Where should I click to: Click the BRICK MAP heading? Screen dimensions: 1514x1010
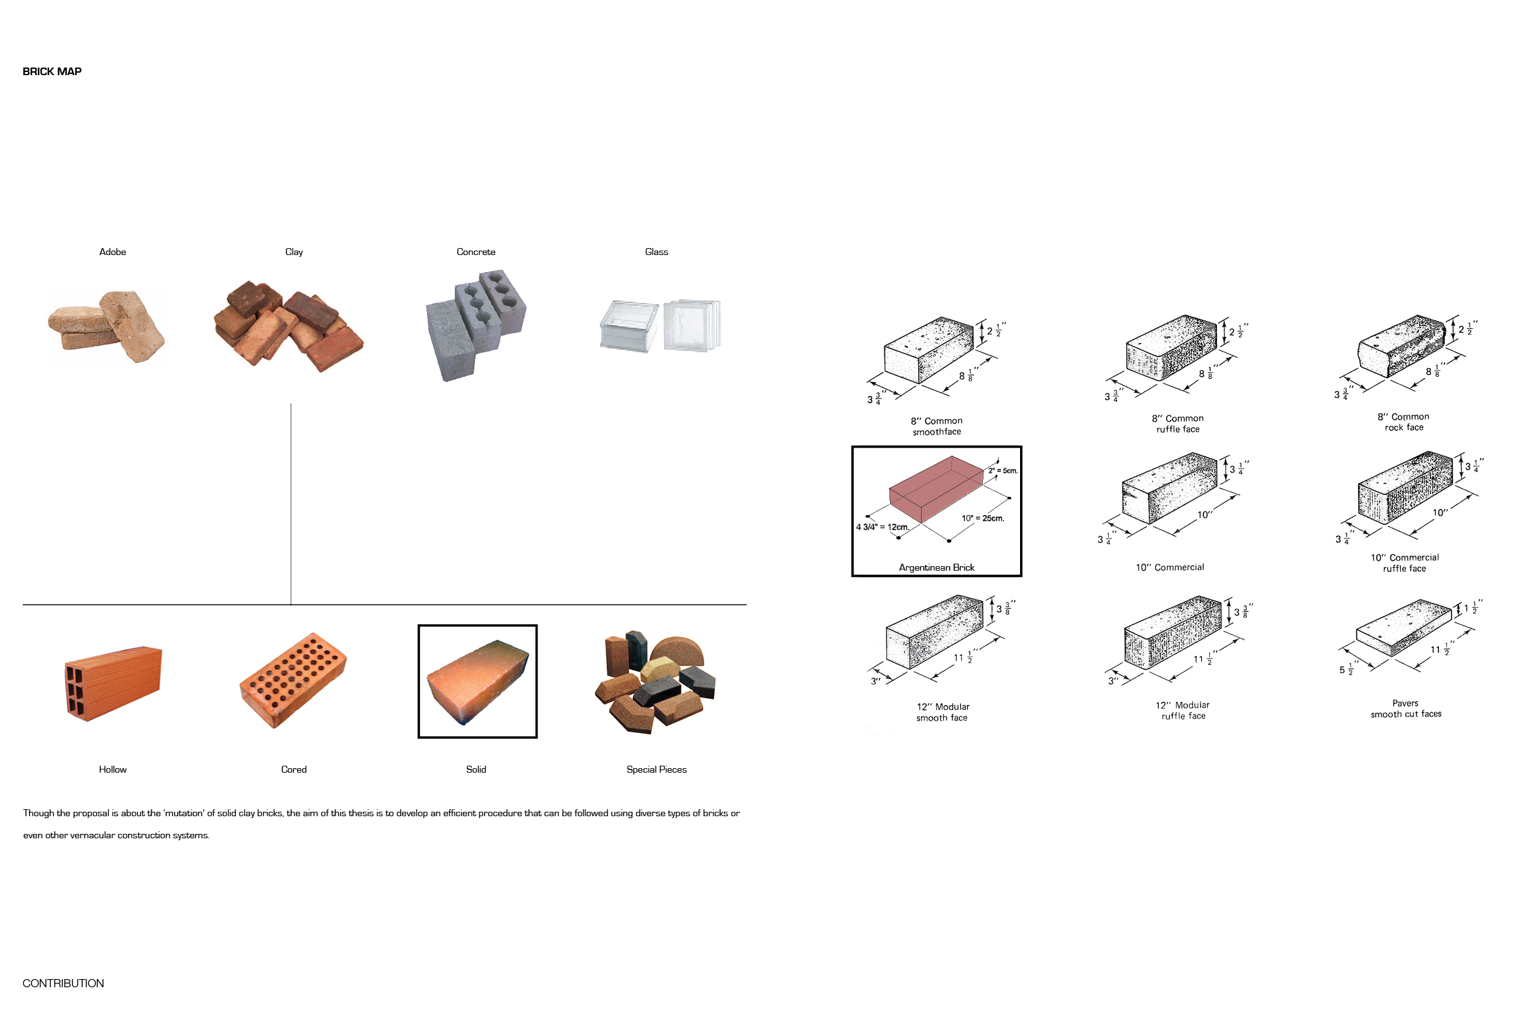click(52, 71)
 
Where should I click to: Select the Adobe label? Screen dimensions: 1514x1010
click(113, 252)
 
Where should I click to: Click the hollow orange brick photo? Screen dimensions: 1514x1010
click(114, 684)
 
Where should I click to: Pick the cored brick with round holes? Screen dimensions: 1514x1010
click(293, 680)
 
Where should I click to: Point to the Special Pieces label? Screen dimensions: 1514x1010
click(657, 769)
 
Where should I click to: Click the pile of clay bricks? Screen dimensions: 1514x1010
click(288, 326)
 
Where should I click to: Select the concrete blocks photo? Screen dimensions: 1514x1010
click(476, 325)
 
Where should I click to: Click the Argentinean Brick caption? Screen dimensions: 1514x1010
click(937, 567)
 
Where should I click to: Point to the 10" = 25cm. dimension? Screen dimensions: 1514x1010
click(983, 518)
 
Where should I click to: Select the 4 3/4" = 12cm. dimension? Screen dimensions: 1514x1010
click(883, 527)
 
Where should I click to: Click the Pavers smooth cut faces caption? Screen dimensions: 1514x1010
click(1406, 708)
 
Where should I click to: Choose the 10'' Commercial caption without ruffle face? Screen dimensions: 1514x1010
click(1170, 567)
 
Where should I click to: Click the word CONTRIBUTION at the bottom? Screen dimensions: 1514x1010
click(63, 983)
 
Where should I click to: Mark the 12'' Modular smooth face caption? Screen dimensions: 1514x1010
click(942, 713)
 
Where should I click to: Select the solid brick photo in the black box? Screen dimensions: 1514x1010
click(478, 682)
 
